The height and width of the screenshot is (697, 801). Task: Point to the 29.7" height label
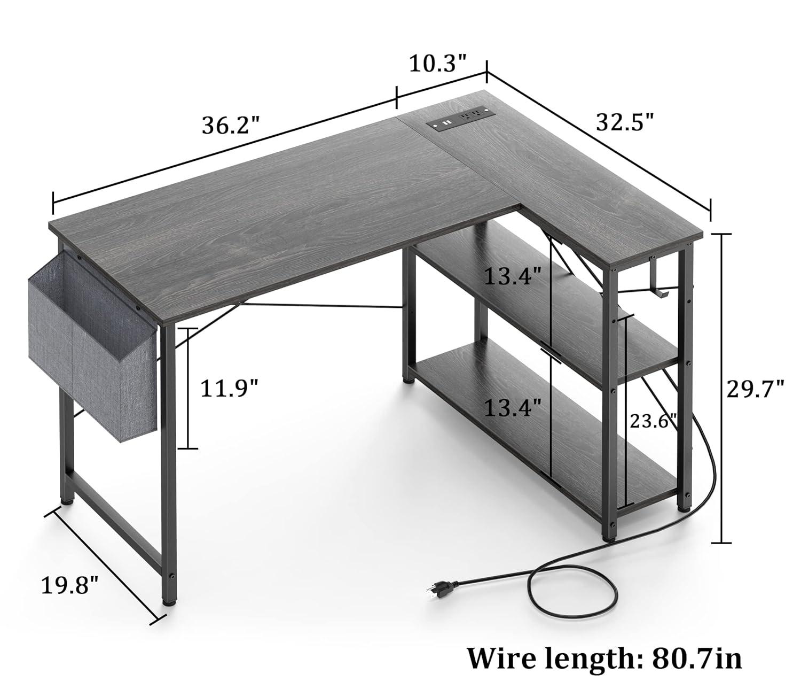click(x=755, y=389)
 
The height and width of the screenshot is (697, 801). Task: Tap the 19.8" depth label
click(x=70, y=585)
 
